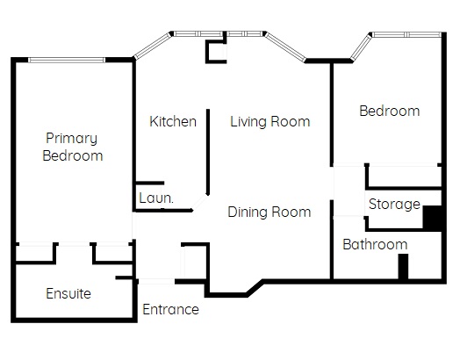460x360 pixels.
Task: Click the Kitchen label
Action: point(173,121)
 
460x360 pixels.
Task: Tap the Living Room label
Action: point(270,121)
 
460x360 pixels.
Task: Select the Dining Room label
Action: point(270,212)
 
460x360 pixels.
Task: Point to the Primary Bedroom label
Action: point(73,147)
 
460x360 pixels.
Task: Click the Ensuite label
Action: point(68,293)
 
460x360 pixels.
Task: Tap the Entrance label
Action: point(170,309)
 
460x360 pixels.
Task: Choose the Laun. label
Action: point(156,198)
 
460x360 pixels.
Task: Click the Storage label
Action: point(394,205)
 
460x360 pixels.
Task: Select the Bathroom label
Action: point(375,244)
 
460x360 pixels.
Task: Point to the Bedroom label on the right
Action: point(390,111)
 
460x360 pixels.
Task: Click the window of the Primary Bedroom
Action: point(67,61)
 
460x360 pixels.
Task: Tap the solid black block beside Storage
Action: point(432,217)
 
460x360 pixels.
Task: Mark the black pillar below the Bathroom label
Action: point(403,266)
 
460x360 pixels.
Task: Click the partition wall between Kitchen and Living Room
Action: point(208,152)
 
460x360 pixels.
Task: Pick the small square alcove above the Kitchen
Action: point(216,52)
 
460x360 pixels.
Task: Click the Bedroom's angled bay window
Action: point(361,47)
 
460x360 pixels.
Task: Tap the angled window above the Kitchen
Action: point(152,46)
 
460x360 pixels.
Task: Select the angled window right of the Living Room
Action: point(285,47)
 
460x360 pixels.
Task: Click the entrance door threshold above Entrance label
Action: point(156,281)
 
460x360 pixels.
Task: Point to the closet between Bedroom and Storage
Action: point(405,176)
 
